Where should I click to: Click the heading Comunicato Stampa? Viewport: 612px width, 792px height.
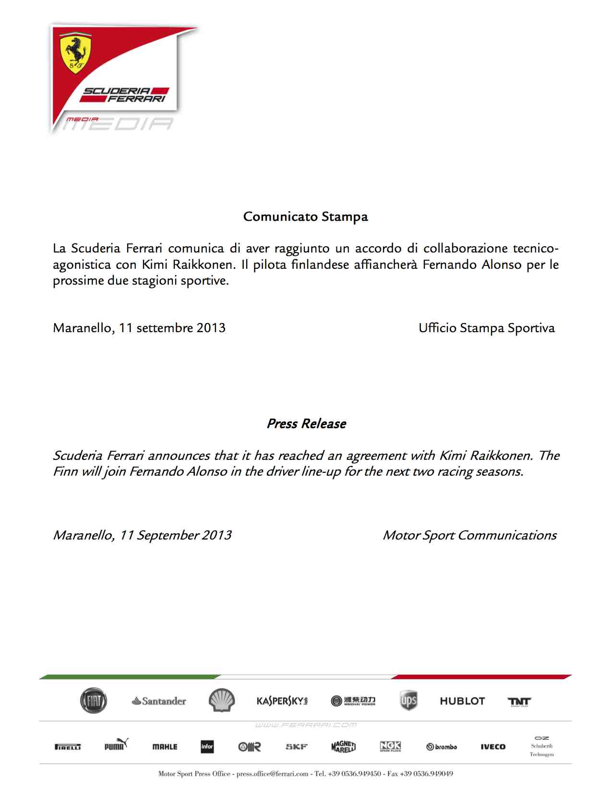[x=305, y=216]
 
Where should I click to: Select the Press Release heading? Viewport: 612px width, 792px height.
[x=306, y=424]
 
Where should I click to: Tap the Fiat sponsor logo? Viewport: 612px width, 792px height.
[x=93, y=701]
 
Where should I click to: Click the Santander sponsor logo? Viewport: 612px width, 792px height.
[x=159, y=701]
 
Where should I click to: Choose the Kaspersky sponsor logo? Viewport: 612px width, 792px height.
[x=282, y=701]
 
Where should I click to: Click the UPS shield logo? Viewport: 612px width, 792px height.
[x=408, y=701]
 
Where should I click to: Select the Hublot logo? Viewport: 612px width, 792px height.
[x=462, y=701]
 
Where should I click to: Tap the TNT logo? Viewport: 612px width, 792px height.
[x=519, y=702]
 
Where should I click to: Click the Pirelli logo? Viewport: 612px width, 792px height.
[x=68, y=747]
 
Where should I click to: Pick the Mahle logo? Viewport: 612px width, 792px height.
[x=165, y=747]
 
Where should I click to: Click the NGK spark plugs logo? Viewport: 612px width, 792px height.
[x=390, y=746]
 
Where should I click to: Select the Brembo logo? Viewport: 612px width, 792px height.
[x=442, y=747]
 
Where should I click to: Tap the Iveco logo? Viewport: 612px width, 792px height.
[x=493, y=747]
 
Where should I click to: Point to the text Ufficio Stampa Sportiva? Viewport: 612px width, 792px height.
[x=486, y=328]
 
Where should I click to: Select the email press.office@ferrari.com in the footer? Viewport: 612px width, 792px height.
[x=272, y=774]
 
